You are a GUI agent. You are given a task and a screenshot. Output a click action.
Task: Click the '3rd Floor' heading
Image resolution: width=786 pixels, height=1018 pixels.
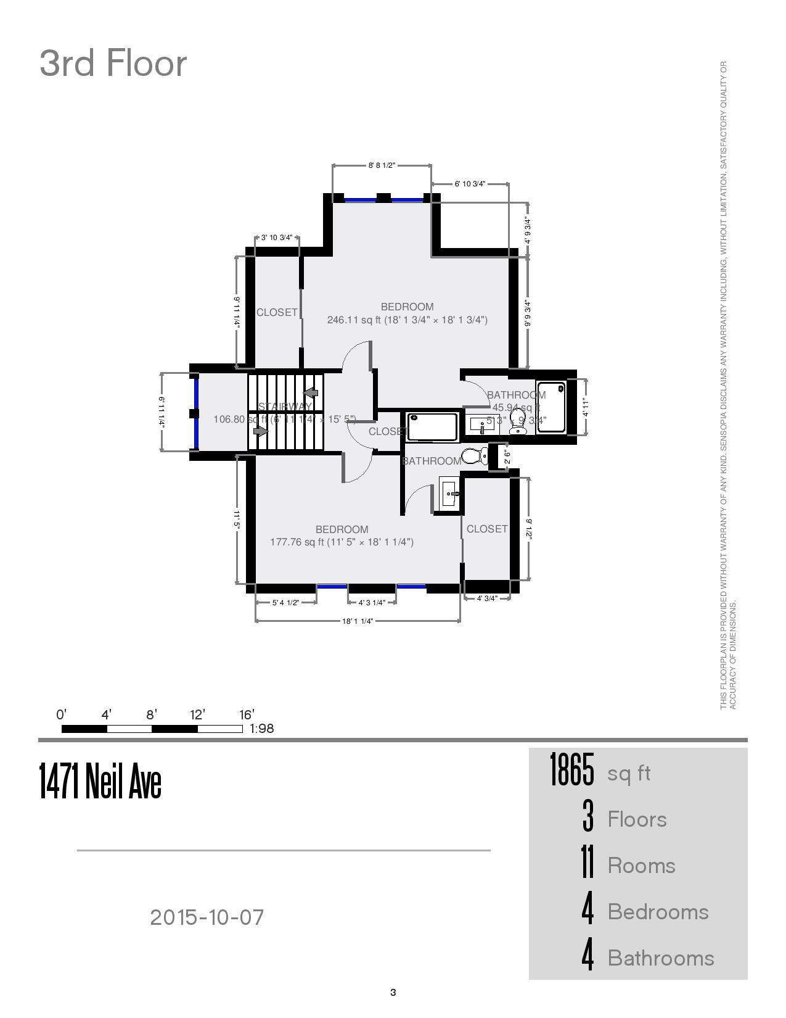pyautogui.click(x=113, y=63)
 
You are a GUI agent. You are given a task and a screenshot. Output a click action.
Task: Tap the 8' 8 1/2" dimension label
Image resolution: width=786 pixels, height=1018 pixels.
pyautogui.click(x=382, y=165)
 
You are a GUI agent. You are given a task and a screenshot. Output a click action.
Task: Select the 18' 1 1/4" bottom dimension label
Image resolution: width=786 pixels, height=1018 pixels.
pyautogui.click(x=358, y=621)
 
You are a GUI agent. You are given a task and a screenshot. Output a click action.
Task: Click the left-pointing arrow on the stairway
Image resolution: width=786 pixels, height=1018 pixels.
pyautogui.click(x=311, y=392)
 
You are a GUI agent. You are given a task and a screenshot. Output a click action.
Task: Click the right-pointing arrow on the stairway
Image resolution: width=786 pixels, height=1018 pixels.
pyautogui.click(x=261, y=431)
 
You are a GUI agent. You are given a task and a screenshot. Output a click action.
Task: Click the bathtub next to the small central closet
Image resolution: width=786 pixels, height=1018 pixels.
pyautogui.click(x=432, y=426)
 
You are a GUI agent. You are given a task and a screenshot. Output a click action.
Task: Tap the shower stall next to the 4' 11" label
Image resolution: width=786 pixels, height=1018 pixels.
pyautogui.click(x=551, y=407)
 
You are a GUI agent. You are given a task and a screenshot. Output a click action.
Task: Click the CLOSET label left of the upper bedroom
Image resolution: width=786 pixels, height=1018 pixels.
pyautogui.click(x=277, y=312)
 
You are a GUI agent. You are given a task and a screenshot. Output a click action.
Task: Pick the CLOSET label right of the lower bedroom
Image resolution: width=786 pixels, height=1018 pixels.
pyautogui.click(x=487, y=529)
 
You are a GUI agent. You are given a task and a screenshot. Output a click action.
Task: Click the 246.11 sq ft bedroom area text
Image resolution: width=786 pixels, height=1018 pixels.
pyautogui.click(x=407, y=320)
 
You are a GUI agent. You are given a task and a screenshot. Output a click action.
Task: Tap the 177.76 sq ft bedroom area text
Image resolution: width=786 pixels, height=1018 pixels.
pyautogui.click(x=342, y=542)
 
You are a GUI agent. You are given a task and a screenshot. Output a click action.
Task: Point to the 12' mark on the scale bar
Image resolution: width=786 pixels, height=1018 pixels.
pyautogui.click(x=197, y=714)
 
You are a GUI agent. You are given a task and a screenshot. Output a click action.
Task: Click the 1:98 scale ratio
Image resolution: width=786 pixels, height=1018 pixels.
pyautogui.click(x=262, y=729)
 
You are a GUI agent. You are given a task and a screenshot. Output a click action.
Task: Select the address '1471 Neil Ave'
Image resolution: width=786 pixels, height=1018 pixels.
pyautogui.click(x=100, y=781)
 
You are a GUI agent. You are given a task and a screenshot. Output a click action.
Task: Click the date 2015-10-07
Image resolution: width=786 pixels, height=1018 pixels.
pyautogui.click(x=207, y=917)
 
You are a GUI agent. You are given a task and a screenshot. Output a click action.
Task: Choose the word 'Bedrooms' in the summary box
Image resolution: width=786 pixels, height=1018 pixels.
pyautogui.click(x=658, y=912)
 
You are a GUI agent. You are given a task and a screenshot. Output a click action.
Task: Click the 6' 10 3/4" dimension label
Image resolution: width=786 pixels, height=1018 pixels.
pyautogui.click(x=470, y=184)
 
